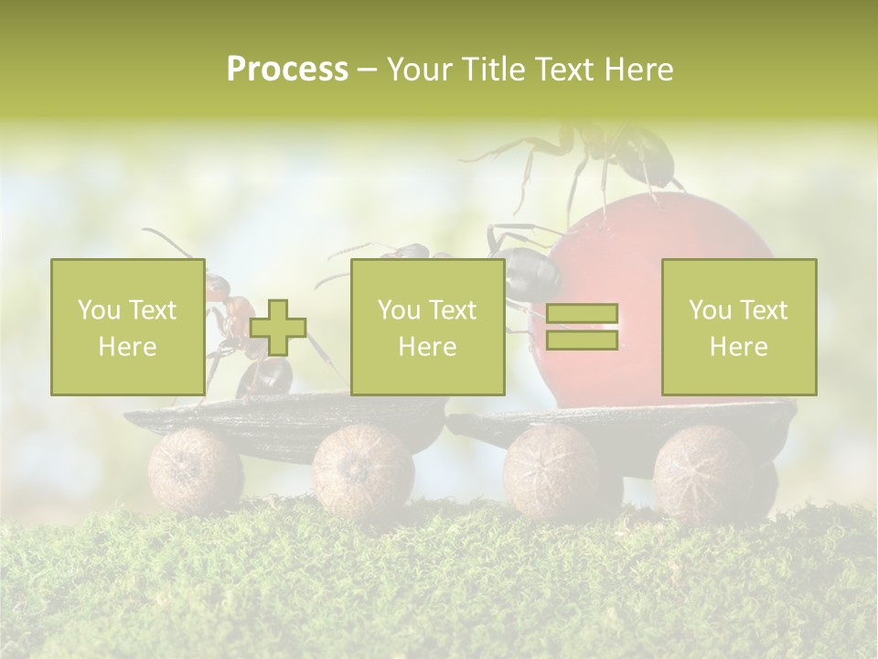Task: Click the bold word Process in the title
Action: pos(287,70)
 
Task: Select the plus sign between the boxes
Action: pos(278,328)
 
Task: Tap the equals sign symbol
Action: pos(582,327)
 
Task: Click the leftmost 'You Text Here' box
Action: pos(127,327)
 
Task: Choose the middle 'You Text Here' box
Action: pos(427,327)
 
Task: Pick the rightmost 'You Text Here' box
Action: pos(738,327)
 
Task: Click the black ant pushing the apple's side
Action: pos(530,265)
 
